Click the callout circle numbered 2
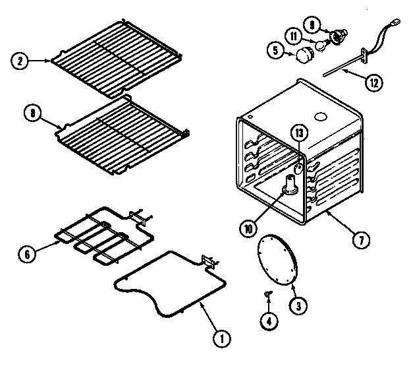pos(20,61)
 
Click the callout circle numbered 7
pos(360,241)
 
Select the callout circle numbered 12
pos(373,84)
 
